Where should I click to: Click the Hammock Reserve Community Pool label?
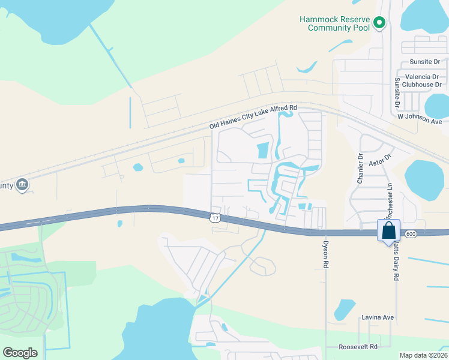(335, 23)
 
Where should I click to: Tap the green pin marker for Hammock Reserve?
(379, 23)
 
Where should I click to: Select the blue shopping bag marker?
(388, 230)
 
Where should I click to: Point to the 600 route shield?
(411, 233)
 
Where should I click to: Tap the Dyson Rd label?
(325, 255)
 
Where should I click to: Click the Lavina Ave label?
(378, 317)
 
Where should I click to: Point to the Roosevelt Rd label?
(358, 347)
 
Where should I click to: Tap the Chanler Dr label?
(361, 169)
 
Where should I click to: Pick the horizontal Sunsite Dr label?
(425, 62)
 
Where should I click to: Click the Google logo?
(20, 352)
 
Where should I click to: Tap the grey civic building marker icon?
(22, 184)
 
